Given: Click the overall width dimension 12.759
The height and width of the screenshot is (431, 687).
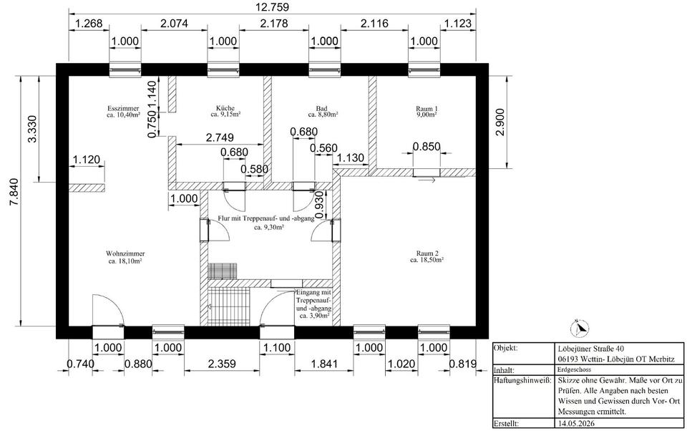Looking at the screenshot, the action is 272,6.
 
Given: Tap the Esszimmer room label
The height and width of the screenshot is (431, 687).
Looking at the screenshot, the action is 123,112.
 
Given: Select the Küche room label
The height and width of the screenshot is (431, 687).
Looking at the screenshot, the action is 225,112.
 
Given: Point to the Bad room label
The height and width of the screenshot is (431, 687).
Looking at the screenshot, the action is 322,112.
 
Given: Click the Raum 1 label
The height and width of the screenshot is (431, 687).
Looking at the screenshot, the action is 427,112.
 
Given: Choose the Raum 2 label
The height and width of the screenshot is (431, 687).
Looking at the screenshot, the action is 427,256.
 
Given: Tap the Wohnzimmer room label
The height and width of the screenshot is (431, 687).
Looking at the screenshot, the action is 125,257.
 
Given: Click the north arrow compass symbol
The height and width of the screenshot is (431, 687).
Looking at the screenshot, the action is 580,327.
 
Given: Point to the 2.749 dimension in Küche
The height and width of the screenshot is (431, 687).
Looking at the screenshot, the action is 220,137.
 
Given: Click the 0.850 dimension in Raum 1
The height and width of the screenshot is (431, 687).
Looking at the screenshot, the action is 427,147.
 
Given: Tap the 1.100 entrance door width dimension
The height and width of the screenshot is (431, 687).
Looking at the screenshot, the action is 276,348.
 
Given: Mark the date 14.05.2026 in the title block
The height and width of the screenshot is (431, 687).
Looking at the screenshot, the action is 577,424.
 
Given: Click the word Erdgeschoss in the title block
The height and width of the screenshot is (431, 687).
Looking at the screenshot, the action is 575,369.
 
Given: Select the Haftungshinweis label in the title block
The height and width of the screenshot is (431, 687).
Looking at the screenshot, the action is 522,380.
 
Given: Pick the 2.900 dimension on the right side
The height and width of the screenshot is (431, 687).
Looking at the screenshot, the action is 501,122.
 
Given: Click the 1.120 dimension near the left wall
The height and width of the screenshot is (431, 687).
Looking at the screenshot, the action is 87,160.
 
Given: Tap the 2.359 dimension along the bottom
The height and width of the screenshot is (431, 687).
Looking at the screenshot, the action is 222,364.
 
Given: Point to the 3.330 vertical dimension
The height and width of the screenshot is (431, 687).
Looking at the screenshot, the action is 32,128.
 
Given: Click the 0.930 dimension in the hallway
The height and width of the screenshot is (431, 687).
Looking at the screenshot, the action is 321,204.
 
